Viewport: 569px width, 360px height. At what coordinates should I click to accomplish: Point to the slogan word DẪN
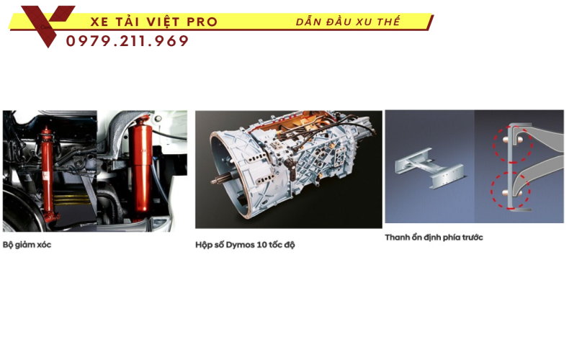click(x=310, y=22)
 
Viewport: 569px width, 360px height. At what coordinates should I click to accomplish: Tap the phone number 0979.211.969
click(x=127, y=42)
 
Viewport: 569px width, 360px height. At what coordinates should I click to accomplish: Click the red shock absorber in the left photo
click(x=48, y=173)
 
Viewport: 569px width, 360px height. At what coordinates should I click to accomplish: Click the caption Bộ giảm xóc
click(x=27, y=244)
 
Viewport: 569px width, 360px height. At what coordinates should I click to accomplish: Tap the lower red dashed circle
click(x=510, y=190)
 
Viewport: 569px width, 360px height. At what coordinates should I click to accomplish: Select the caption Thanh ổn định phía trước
click(x=434, y=237)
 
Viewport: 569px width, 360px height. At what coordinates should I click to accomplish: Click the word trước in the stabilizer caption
click(x=472, y=237)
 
